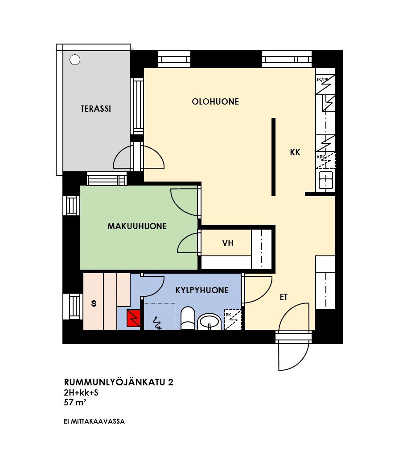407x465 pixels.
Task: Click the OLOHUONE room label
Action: (x=215, y=102)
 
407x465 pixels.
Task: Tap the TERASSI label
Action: (x=96, y=109)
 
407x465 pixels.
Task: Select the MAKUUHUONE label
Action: (x=137, y=226)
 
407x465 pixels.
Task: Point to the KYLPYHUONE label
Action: (x=202, y=290)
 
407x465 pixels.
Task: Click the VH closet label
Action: (x=228, y=243)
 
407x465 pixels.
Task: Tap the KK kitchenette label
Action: (x=295, y=153)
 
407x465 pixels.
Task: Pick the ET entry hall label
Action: (x=284, y=297)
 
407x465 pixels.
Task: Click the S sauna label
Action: (x=94, y=303)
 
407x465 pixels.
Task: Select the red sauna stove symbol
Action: (x=133, y=318)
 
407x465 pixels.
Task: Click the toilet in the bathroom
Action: (x=188, y=318)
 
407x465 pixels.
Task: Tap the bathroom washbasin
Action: (x=210, y=321)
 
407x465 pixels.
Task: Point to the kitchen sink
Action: (x=325, y=180)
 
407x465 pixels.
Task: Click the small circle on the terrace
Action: (x=75, y=60)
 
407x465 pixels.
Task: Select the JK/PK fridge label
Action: (x=322, y=79)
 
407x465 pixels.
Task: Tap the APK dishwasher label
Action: (x=321, y=157)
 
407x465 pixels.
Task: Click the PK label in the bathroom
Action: (x=228, y=315)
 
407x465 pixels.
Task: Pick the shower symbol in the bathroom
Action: (x=157, y=323)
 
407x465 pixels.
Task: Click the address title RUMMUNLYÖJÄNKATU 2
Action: (x=119, y=382)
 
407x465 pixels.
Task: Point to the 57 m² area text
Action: (x=75, y=402)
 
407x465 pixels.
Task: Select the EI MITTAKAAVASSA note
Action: (x=94, y=421)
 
